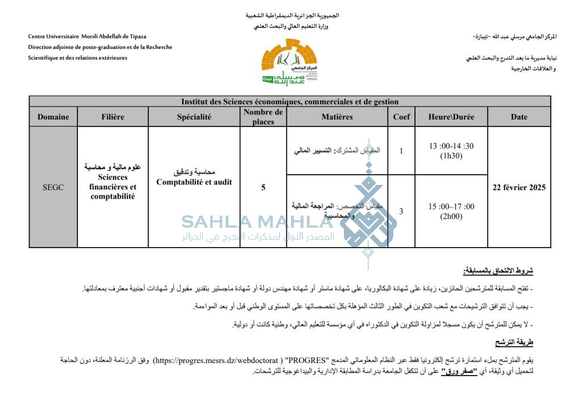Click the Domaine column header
(x=53, y=117)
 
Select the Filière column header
(x=113, y=117)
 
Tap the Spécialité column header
(x=194, y=117)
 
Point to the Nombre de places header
(x=263, y=117)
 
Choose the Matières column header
(x=337, y=117)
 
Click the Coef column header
(x=401, y=117)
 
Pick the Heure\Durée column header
(x=451, y=117)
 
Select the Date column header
(x=519, y=117)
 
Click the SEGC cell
(x=53, y=187)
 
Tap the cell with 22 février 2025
(x=519, y=187)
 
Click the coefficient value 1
(x=401, y=151)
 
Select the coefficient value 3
(x=401, y=211)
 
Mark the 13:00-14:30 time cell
(x=451, y=150)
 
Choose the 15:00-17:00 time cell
(x=451, y=211)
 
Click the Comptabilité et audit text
(x=194, y=182)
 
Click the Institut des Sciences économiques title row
(x=290, y=101)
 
